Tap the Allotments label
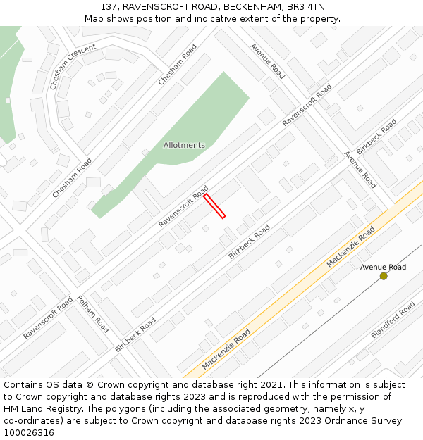(x=184, y=145)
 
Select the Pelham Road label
(x=93, y=313)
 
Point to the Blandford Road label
(x=393, y=320)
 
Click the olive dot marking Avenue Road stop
(x=384, y=276)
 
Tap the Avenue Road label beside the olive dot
(x=383, y=267)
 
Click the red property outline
(x=214, y=206)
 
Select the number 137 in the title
(x=109, y=6)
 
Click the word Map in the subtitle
(x=94, y=18)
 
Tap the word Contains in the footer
(x=23, y=385)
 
